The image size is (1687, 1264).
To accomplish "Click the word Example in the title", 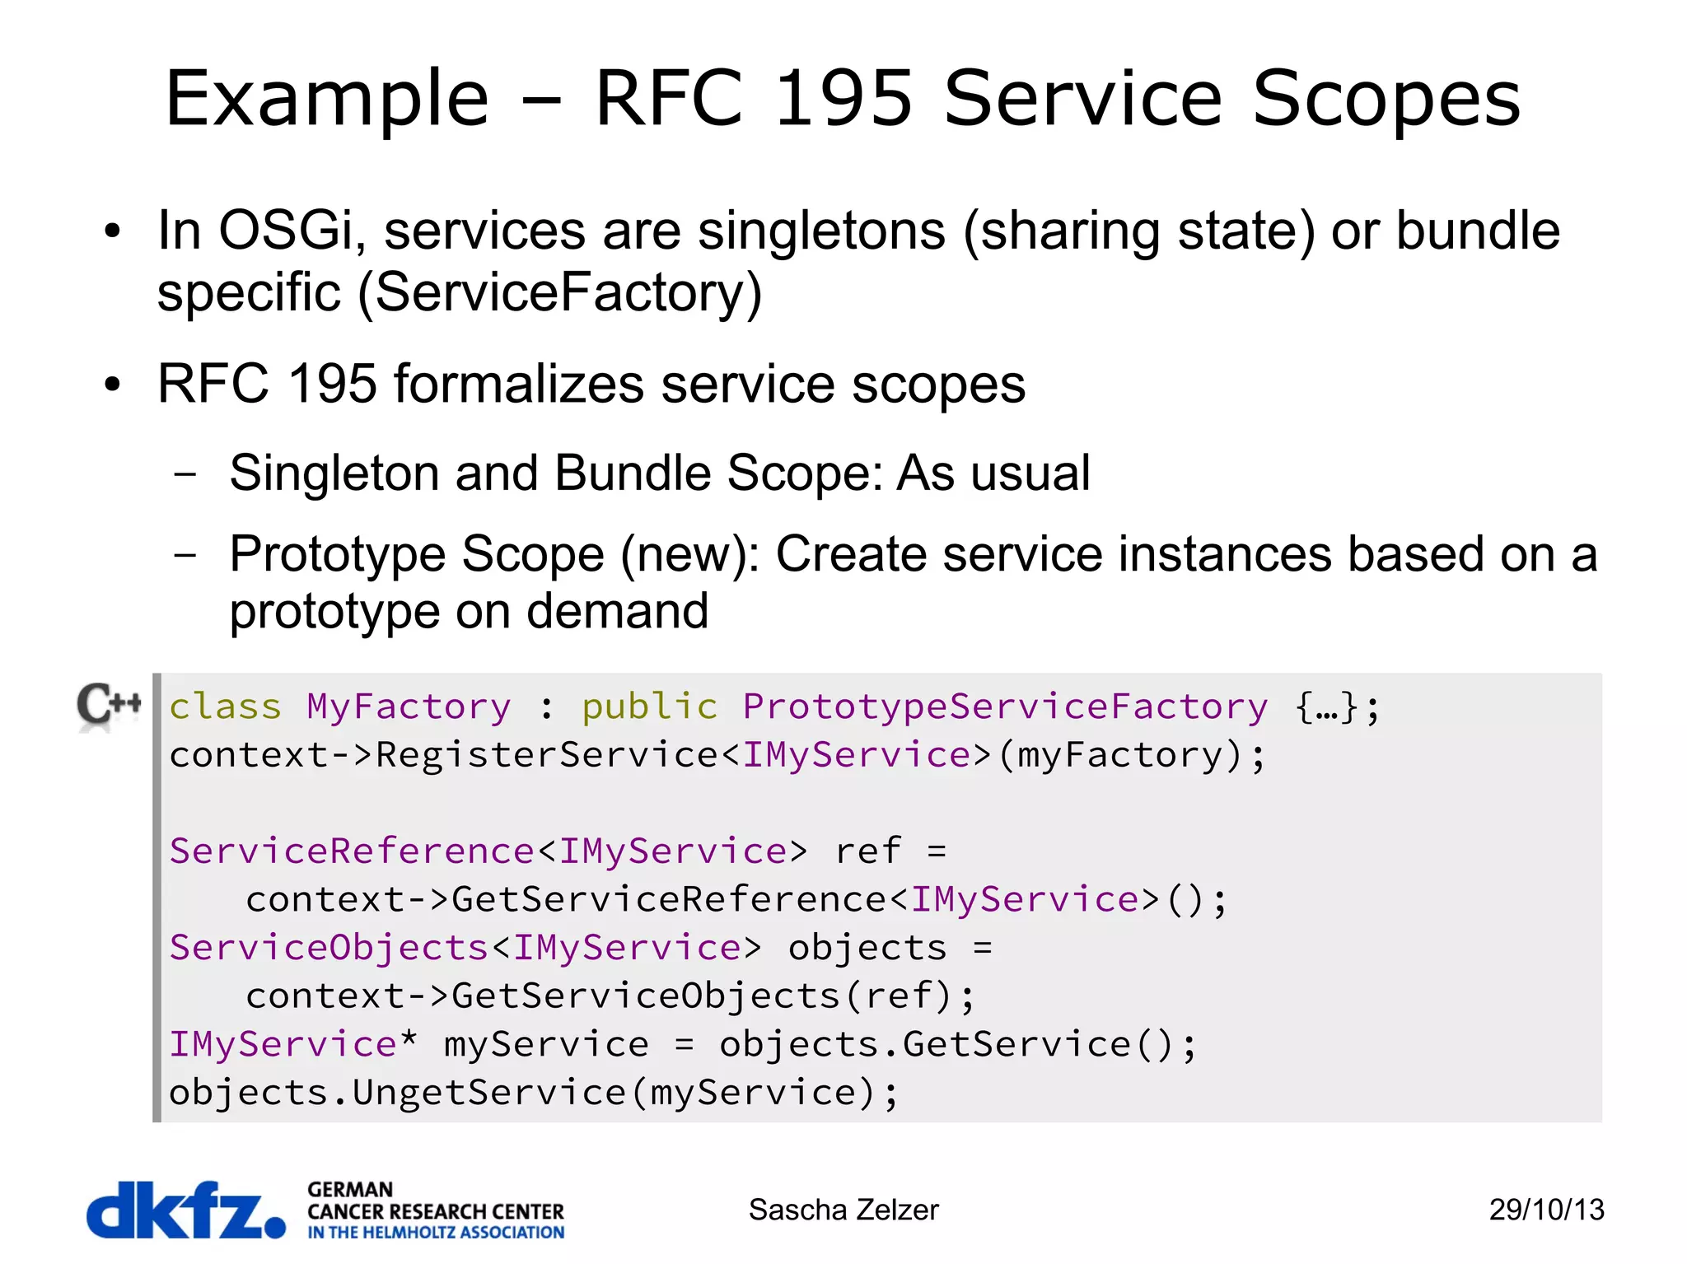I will point(327,100).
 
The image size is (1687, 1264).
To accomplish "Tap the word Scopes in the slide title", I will point(1386,100).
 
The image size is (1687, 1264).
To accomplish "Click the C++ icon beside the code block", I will point(109,706).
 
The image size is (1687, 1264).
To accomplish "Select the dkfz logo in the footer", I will point(186,1210).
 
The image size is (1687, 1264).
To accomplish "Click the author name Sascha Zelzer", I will point(843,1210).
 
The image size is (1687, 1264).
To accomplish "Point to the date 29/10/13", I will point(1546,1210).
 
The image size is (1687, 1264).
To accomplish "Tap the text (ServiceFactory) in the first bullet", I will point(559,292).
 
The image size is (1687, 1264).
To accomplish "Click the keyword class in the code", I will point(225,707).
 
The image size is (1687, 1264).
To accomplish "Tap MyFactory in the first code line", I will point(409,707).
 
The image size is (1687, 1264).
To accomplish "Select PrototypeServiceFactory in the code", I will point(1005,707).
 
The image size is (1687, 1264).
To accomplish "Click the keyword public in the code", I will point(649,707).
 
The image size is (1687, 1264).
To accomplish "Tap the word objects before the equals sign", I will point(867,948).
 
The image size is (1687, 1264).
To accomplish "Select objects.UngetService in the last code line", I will point(398,1093).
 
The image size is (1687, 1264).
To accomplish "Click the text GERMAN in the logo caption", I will point(350,1190).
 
